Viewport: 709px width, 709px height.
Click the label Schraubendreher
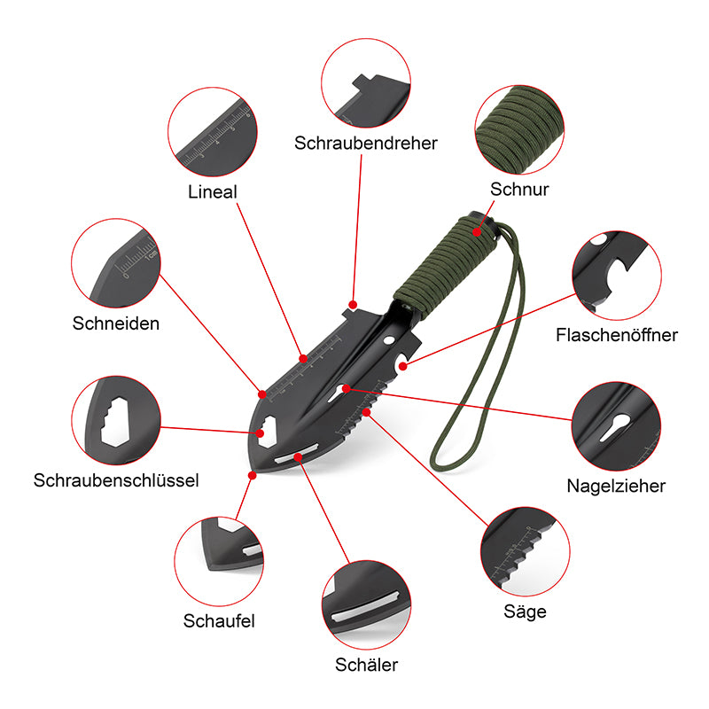tap(366, 143)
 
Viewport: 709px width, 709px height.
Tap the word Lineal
tap(212, 191)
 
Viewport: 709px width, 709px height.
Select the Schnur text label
tap(519, 189)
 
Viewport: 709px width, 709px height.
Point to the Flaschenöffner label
tap(616, 335)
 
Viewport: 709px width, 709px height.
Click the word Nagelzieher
tap(616, 486)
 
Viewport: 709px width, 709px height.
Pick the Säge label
tap(525, 612)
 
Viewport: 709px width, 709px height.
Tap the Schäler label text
tap(366, 665)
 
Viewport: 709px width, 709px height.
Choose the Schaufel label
tap(219, 621)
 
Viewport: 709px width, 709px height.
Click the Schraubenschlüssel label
tap(116, 480)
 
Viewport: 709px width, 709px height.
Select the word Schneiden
tap(116, 323)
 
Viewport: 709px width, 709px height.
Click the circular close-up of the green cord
tap(519, 129)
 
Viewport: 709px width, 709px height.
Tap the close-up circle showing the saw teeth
tap(525, 551)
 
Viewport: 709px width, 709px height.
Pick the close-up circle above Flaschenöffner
tap(617, 276)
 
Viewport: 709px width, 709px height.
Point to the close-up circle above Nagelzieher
tap(616, 426)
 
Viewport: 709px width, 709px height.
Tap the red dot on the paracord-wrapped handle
tap(477, 232)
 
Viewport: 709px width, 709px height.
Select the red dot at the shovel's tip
tap(253, 475)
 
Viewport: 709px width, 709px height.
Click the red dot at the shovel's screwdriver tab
tap(353, 305)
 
